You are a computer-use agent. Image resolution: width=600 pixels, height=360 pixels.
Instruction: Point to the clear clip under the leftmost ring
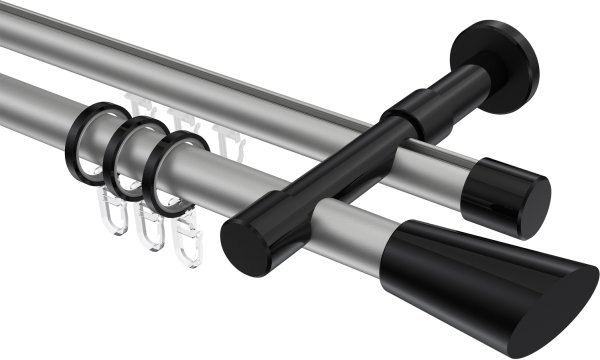pos(113,215)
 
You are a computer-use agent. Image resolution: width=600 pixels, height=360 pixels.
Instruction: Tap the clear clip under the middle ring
pos(150,231)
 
